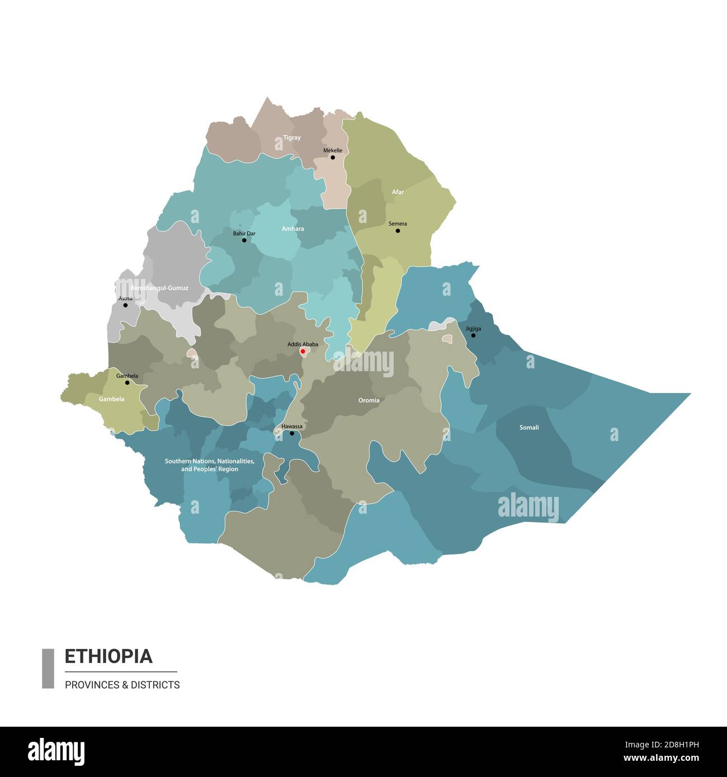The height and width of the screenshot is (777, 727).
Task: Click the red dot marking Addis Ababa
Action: (303, 352)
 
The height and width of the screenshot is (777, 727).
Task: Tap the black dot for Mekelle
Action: (333, 158)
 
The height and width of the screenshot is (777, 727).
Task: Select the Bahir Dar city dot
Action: (244, 240)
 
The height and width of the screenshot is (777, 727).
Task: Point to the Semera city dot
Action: (398, 230)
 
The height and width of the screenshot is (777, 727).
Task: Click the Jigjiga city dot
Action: (473, 335)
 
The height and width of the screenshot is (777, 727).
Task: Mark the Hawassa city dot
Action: (291, 433)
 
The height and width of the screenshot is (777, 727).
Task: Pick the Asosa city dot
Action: (125, 305)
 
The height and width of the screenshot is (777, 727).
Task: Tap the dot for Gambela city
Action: (128, 383)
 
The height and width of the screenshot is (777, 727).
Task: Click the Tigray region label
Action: (291, 138)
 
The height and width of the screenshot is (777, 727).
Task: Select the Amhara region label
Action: (293, 229)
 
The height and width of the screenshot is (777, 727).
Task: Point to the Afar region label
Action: (398, 192)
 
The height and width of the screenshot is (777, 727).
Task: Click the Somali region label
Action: (529, 428)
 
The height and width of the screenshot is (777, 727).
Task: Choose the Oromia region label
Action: (369, 400)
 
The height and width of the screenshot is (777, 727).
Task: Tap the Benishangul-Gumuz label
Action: (159, 288)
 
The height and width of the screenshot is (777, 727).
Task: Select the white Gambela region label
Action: (112, 399)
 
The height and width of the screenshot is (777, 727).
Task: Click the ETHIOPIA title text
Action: (108, 656)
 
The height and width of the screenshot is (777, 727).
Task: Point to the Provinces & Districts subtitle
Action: (122, 685)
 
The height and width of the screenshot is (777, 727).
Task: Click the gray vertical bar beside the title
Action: (48, 668)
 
